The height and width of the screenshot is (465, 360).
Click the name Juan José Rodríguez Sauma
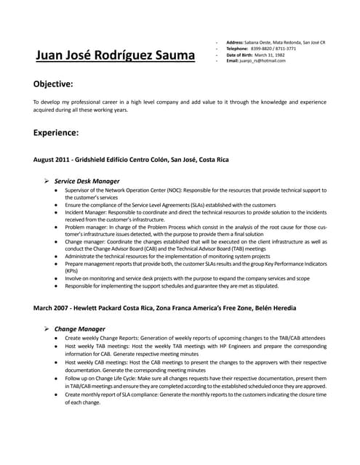click(x=116, y=55)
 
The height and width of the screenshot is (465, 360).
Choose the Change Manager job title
click(x=79, y=328)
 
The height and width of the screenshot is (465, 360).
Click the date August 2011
click(x=50, y=159)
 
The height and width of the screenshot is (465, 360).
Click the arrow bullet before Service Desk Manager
click(x=46, y=180)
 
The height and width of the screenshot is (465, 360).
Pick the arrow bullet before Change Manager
click(x=46, y=328)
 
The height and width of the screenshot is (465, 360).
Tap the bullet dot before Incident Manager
click(x=57, y=214)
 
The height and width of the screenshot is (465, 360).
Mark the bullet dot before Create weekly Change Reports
click(x=57, y=339)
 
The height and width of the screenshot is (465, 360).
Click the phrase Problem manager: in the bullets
click(x=85, y=227)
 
